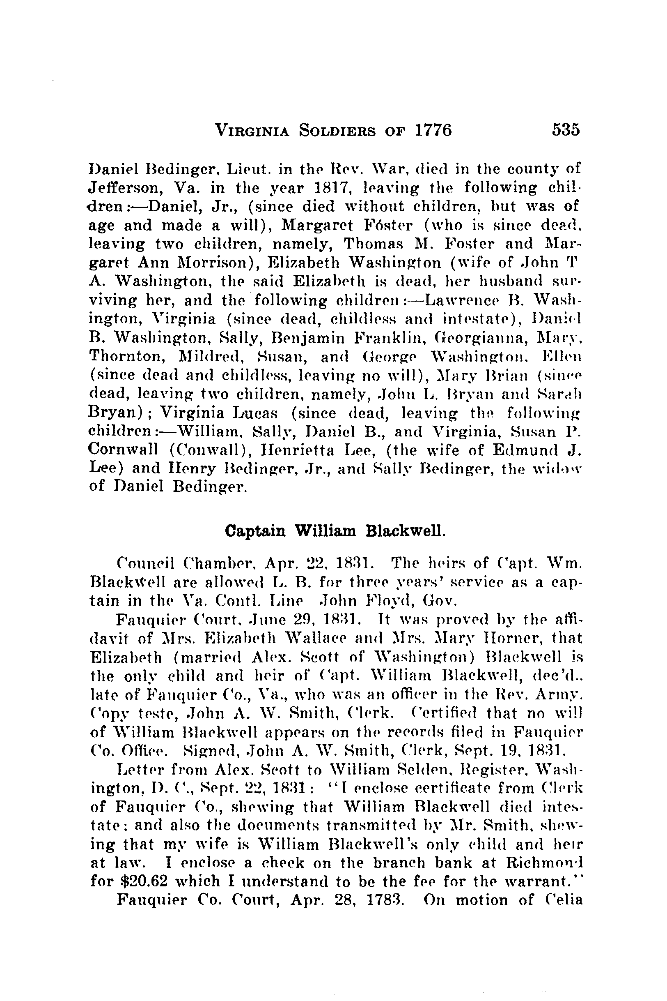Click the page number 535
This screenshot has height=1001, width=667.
[565, 129]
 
